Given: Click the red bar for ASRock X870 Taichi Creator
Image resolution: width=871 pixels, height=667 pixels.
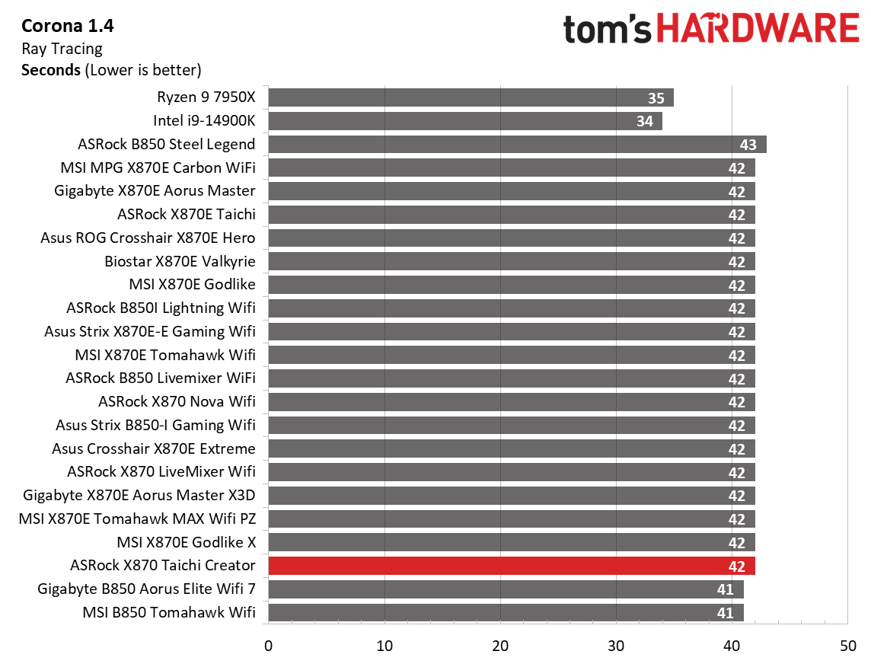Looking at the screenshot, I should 510,566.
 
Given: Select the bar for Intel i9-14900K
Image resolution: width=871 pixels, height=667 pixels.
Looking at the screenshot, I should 464,121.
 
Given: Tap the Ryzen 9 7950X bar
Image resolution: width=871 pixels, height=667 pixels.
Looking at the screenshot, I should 470,97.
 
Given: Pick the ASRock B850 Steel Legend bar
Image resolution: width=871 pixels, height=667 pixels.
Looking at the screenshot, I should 516,145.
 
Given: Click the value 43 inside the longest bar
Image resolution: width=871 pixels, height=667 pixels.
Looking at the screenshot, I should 748,145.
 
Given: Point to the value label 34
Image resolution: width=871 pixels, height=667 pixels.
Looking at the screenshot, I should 644,121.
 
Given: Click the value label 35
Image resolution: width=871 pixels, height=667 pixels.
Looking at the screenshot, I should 656,97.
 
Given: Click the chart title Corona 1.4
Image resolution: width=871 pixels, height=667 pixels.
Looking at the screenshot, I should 68,27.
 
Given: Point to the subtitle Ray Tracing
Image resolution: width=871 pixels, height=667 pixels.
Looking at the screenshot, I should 62,49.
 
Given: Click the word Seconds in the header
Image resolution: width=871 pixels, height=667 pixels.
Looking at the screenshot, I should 50,70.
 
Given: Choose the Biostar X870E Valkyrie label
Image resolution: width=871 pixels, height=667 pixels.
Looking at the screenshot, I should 180,261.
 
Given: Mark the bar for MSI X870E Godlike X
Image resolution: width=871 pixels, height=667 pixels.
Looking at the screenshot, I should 510,542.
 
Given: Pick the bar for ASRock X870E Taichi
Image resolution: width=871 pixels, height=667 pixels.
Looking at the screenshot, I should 510,215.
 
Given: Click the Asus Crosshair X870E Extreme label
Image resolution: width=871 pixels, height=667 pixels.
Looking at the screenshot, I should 154,448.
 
